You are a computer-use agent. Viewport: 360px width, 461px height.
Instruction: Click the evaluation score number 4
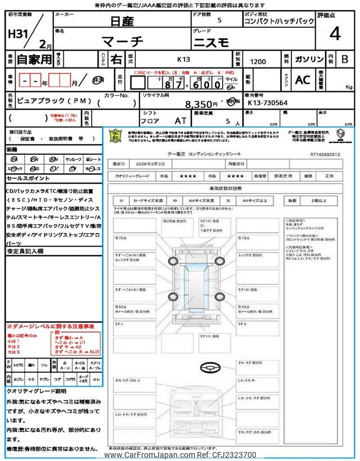(x=335, y=34)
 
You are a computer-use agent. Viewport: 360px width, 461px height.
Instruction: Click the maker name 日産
(x=121, y=22)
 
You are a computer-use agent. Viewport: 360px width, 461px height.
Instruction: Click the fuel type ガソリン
(x=308, y=58)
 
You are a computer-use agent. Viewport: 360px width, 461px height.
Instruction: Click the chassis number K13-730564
(x=268, y=102)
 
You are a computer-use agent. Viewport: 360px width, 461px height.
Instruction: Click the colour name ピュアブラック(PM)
(x=57, y=100)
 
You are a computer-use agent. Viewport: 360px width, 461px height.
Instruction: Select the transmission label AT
(x=181, y=120)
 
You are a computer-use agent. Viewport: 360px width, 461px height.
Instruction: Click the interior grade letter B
(x=345, y=58)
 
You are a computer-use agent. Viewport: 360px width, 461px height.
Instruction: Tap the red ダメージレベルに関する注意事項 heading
(x=50, y=326)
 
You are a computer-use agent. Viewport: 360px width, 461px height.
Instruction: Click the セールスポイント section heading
(x=28, y=178)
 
